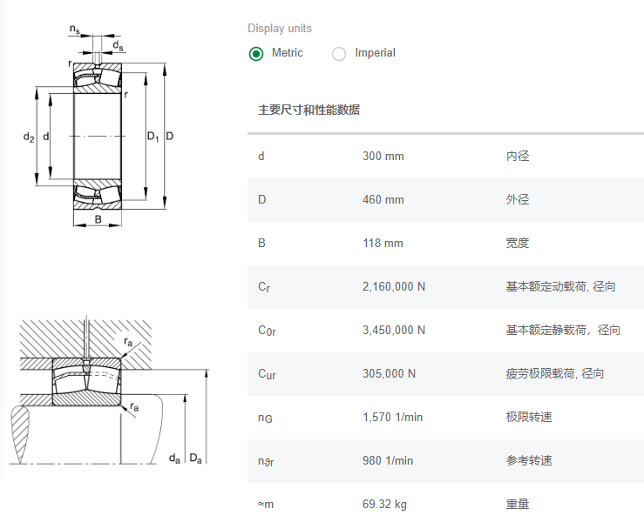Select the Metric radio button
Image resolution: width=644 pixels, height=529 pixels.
256,54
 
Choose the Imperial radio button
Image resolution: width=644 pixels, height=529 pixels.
339,54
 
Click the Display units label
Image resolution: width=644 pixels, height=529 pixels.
279,29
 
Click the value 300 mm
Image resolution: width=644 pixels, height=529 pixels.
383,157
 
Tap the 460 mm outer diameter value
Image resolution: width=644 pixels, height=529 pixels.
383,200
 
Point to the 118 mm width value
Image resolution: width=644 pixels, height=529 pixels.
383,244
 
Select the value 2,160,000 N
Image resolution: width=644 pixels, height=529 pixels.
394,287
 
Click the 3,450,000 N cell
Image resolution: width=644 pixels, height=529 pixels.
394,331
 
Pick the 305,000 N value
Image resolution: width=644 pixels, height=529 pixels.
389,374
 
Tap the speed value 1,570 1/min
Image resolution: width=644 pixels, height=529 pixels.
392,418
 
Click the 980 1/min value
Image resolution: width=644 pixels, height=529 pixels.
388,461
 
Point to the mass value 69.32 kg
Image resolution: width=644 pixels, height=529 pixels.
384,505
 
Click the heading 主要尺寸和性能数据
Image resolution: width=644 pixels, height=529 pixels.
308,110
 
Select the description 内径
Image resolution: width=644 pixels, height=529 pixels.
518,157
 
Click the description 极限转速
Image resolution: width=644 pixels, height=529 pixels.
529,418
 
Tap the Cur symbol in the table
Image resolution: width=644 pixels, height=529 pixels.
267,375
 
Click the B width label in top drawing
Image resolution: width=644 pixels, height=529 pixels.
98,220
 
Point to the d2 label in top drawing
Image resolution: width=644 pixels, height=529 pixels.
29,137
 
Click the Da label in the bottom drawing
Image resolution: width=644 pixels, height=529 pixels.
195,459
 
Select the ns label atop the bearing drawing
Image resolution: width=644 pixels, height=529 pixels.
75,30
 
